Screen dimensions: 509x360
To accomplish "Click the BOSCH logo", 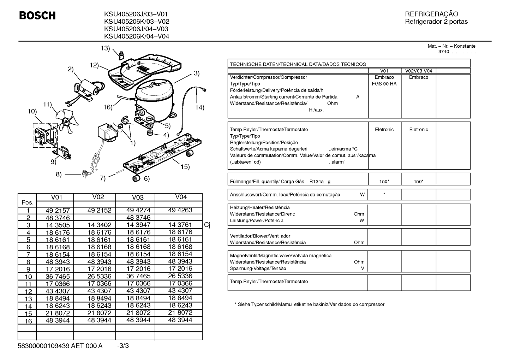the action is point(37,16).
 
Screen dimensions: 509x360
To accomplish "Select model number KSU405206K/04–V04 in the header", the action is point(137,36).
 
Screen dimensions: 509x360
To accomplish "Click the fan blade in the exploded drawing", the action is point(67,121).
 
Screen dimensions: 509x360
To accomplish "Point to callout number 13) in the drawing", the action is point(105,48).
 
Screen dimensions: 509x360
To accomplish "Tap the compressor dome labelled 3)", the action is point(155,95).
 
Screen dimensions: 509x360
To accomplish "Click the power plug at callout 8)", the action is point(85,175).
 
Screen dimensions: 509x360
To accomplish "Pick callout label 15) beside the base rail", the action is point(185,167).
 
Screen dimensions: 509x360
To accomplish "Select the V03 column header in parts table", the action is point(138,197).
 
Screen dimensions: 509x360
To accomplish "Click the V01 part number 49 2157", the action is point(58,210).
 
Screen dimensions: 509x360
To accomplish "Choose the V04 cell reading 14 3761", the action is point(180,225).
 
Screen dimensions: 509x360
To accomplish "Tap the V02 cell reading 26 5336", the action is point(99,276).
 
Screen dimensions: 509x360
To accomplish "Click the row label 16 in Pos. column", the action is point(28,321).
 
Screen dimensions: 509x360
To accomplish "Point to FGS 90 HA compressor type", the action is point(384,84).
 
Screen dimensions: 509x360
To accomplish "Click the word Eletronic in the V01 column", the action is point(384,130).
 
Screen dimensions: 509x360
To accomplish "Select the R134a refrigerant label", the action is point(316,182).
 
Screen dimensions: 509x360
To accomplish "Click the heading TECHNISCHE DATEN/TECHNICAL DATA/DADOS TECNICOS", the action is point(298,64).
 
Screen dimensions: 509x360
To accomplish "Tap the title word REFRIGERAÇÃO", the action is point(431,14).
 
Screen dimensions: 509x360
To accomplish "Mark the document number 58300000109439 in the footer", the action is point(43,346).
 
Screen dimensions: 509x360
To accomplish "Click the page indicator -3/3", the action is point(123,346).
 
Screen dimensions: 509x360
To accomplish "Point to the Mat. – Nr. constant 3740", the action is point(444,52).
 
